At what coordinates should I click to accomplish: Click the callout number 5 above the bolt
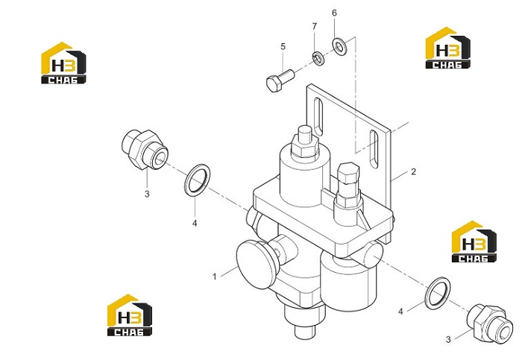[x=283, y=46]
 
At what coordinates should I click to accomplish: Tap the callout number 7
[x=314, y=26]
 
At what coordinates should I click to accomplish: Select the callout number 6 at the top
[x=334, y=13]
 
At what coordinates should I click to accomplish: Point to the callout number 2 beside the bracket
[x=413, y=172]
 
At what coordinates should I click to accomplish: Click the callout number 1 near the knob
[x=215, y=277]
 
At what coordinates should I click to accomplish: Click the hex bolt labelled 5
[x=280, y=80]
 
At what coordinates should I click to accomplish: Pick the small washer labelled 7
[x=318, y=59]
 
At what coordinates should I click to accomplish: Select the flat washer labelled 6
[x=339, y=47]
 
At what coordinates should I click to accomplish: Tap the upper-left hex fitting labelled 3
[x=145, y=150]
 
